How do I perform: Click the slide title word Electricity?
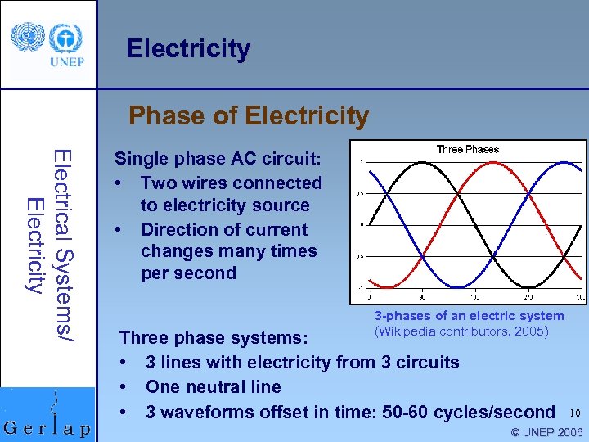(188, 49)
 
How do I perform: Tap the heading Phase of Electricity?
(249, 115)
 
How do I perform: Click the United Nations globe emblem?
(30, 36)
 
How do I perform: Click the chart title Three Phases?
(467, 150)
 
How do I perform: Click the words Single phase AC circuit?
(218, 159)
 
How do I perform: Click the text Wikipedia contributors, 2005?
(461, 331)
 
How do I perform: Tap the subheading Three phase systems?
(214, 338)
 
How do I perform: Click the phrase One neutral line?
(213, 386)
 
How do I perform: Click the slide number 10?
(575, 413)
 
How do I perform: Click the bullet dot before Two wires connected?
(119, 183)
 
